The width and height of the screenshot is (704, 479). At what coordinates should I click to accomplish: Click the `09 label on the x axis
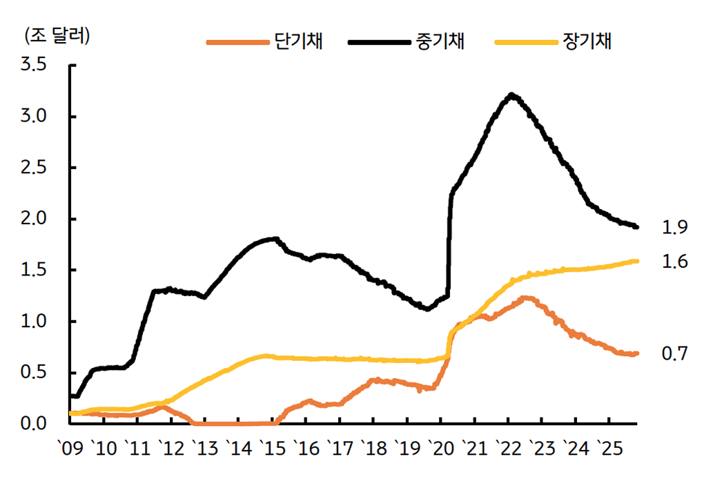[x=70, y=449]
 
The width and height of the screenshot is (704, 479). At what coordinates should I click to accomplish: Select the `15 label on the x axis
[x=273, y=449]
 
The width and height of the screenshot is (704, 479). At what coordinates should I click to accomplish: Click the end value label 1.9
[x=674, y=226]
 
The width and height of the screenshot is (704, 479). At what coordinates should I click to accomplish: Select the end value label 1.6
[x=674, y=262]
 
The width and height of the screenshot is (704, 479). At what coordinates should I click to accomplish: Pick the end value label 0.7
[x=674, y=354]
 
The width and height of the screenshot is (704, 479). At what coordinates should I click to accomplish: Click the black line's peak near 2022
[x=511, y=95]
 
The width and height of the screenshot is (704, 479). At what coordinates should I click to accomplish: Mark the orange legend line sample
[x=237, y=41]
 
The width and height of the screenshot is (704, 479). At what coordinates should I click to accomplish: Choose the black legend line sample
[x=379, y=41]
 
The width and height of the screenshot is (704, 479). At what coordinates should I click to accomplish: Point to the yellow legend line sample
[x=525, y=41]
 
